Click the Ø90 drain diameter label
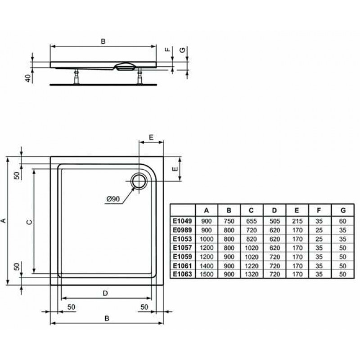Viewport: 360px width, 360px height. click(113, 199)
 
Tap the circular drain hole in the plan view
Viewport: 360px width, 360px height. click(139, 181)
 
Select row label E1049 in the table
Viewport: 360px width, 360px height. click(183, 221)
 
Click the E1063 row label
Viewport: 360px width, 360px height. click(183, 274)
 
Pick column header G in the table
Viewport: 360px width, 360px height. click(343, 210)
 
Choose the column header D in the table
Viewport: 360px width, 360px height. click(274, 210)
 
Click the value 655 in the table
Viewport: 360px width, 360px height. click(252, 221)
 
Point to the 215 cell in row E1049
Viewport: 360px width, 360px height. click(297, 221)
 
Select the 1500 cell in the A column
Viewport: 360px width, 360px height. click(207, 274)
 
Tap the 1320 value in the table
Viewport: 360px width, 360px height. click(252, 274)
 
